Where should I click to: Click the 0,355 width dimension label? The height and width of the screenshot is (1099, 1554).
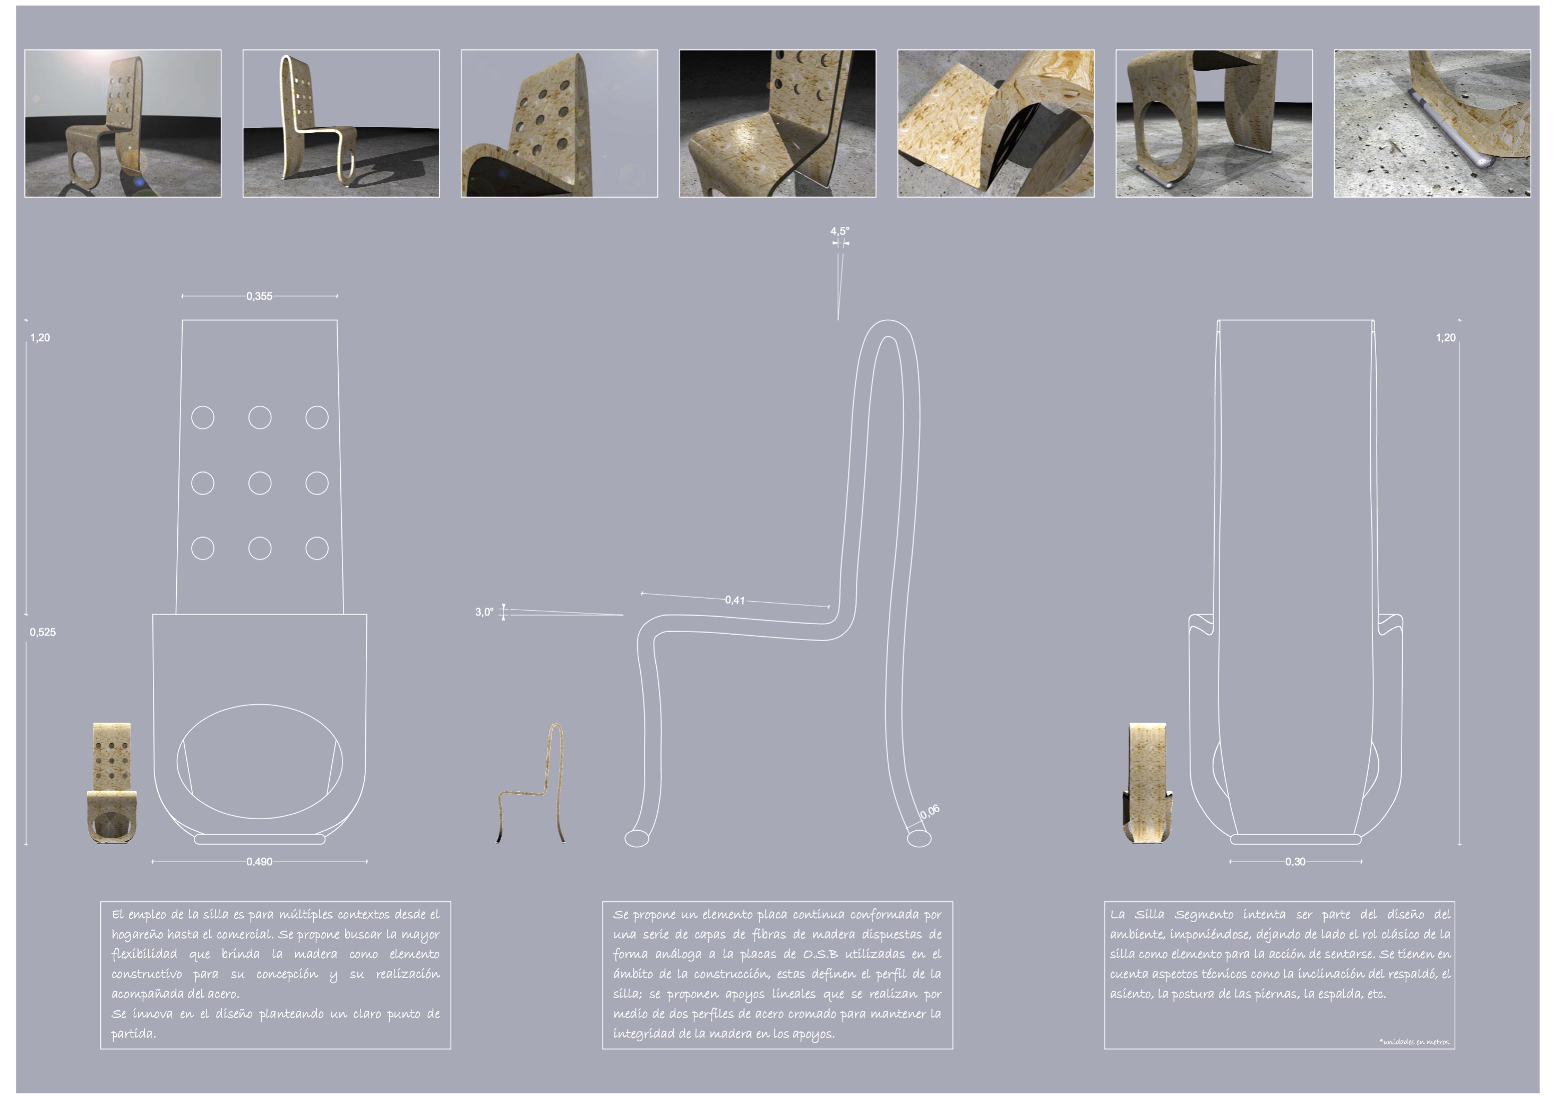[259, 296]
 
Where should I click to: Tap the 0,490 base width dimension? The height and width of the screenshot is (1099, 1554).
[259, 862]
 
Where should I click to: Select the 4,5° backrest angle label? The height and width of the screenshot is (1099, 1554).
[840, 231]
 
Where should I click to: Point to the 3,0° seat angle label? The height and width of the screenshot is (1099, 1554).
[484, 612]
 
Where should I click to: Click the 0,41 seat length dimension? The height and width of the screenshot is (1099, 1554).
[735, 600]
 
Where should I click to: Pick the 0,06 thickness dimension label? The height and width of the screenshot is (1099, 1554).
[930, 812]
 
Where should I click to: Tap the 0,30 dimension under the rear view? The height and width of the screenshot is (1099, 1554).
[1295, 862]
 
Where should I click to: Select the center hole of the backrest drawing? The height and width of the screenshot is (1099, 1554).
[260, 483]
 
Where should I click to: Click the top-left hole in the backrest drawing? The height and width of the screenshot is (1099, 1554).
[203, 417]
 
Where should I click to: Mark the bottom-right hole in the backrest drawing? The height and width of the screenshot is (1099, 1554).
[317, 548]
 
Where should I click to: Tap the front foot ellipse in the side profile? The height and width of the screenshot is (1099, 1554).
[636, 838]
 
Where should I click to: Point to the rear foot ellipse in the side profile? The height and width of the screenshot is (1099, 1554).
[918, 838]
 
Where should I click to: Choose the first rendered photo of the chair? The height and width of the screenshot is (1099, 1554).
[123, 123]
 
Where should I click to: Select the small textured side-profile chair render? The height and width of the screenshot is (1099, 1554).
[531, 783]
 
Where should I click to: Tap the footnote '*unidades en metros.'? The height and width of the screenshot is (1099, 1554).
[1414, 1042]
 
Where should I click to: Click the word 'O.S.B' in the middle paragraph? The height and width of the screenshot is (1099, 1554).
[820, 954]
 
